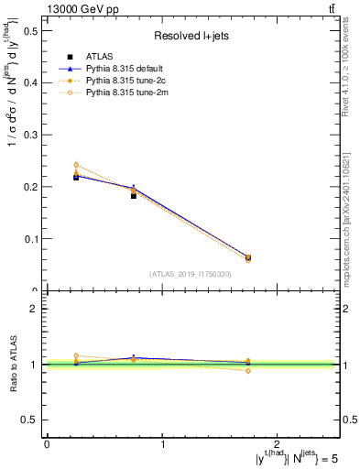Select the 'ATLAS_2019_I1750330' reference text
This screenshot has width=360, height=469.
coord(191,274)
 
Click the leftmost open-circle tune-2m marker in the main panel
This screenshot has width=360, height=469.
coord(76,165)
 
